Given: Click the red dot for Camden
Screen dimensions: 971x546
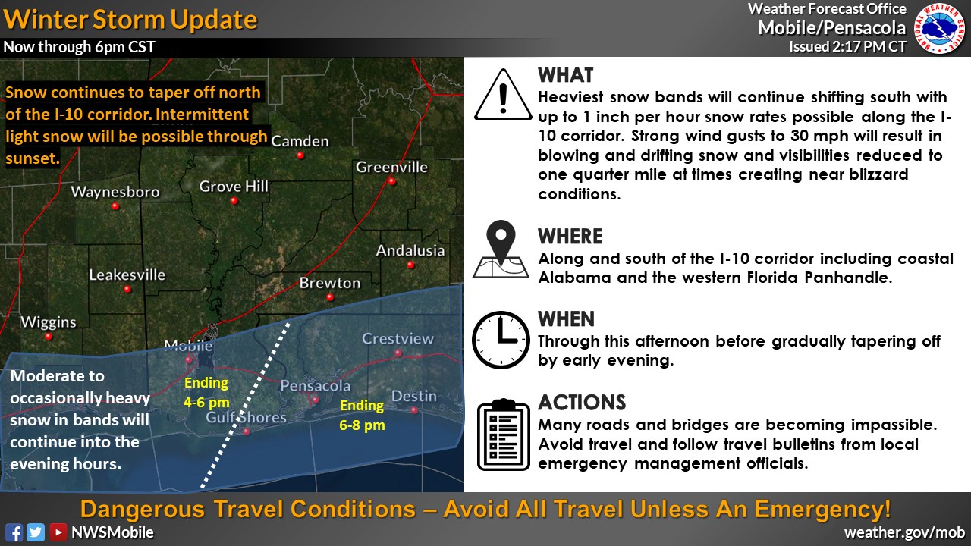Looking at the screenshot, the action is tap(300, 155).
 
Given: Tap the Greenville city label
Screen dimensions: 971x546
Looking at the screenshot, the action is tap(391, 167).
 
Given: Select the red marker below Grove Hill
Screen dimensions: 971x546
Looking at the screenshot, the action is tap(234, 201).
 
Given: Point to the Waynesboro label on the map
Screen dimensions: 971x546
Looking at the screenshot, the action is tap(115, 192).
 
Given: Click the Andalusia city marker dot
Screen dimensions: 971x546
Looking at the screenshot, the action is tap(410, 265).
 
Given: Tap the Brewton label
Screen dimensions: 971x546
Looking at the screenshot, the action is tap(330, 283).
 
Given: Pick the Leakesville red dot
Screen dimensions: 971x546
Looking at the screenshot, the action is tap(127, 289).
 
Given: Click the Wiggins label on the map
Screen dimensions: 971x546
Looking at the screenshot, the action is tap(49, 322).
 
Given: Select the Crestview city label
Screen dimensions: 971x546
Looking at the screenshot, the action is tap(398, 338).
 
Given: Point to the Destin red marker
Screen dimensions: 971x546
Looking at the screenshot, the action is tap(414, 410).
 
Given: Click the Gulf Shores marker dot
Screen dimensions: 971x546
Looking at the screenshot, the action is tap(247, 431).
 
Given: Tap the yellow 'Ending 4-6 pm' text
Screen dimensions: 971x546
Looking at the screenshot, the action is tap(206, 393).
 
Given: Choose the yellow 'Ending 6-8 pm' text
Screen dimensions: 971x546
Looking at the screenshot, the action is tap(362, 415).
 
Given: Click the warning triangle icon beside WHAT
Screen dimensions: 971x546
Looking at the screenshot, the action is tap(503, 95).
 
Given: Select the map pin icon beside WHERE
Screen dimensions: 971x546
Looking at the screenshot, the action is tap(501, 249).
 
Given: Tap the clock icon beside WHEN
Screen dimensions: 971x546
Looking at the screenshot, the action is tap(501, 340).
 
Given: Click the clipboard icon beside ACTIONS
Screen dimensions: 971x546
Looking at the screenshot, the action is tap(503, 435).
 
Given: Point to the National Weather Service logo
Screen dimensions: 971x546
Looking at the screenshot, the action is tap(940, 29).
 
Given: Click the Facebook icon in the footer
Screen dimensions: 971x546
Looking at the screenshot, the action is tap(14, 532).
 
